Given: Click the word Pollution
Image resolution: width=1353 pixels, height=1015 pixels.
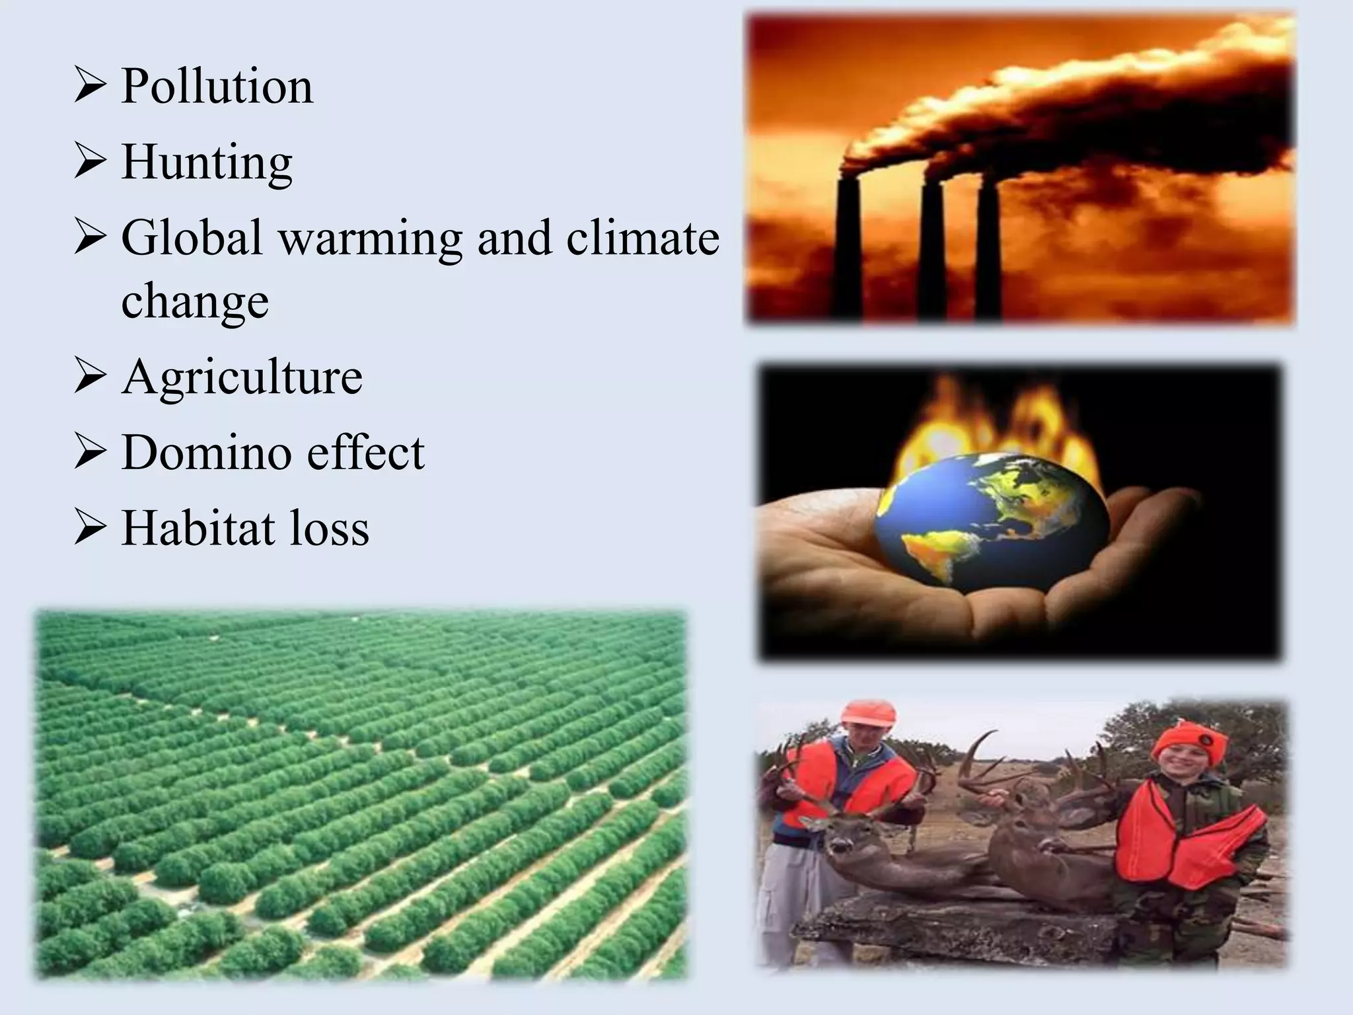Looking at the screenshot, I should [217, 87].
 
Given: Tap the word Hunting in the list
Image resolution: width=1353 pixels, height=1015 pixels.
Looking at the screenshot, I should [207, 163].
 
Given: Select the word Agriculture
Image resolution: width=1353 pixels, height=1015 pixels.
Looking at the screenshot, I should [242, 377].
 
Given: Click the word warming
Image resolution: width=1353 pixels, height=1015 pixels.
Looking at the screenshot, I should [371, 238].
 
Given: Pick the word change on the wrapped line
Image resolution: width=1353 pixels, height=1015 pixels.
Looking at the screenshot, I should [195, 301].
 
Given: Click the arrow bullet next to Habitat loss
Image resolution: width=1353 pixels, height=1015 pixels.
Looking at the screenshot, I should [89, 529].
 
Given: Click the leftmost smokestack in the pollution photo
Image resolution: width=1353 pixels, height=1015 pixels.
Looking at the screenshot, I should [848, 251].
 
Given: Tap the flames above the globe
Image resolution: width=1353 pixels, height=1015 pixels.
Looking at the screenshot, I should [991, 423].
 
